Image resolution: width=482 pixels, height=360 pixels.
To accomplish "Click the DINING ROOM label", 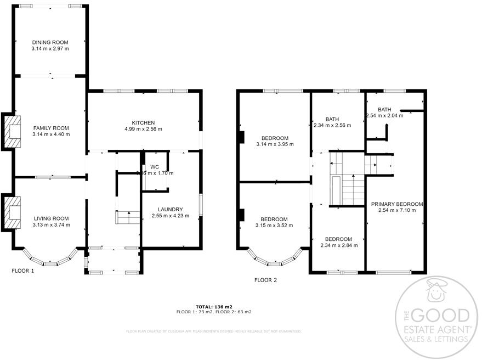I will [x=50, y=42].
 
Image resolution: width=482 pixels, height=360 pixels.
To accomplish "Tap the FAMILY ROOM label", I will [x=50, y=127].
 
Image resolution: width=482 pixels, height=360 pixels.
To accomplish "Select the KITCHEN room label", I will [x=143, y=122].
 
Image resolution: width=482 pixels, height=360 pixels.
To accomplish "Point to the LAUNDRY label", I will [x=170, y=209].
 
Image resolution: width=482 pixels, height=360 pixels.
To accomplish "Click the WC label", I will [x=155, y=167].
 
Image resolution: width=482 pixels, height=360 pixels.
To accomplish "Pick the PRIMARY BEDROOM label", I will [x=397, y=204].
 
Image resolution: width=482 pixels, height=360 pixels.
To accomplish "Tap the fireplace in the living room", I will [x=11, y=212].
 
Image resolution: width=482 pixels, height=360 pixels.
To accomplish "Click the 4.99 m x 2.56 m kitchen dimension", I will [x=143, y=129].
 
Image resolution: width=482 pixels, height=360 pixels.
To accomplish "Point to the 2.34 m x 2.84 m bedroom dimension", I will [x=339, y=245].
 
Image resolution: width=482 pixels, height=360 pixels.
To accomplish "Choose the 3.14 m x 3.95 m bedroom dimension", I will [x=275, y=144].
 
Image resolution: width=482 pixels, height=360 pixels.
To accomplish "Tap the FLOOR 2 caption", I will [x=265, y=280].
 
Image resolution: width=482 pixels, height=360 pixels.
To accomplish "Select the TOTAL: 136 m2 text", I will [x=214, y=306].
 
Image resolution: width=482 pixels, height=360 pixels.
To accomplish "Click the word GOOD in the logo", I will [x=440, y=316].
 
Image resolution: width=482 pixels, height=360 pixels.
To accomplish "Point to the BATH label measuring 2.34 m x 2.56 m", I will [x=332, y=119].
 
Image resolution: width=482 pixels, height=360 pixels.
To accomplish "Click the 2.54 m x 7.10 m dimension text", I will [x=397, y=210].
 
